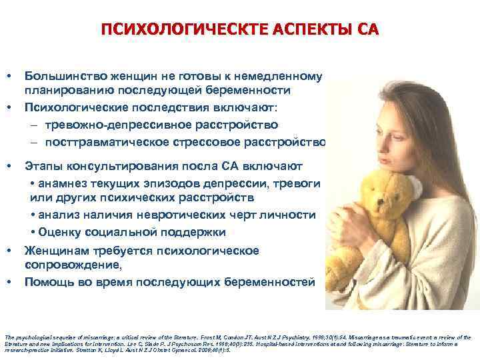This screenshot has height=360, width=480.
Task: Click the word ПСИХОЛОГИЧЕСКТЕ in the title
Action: [x=158, y=30]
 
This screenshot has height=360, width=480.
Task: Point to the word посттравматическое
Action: [x=100, y=142]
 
